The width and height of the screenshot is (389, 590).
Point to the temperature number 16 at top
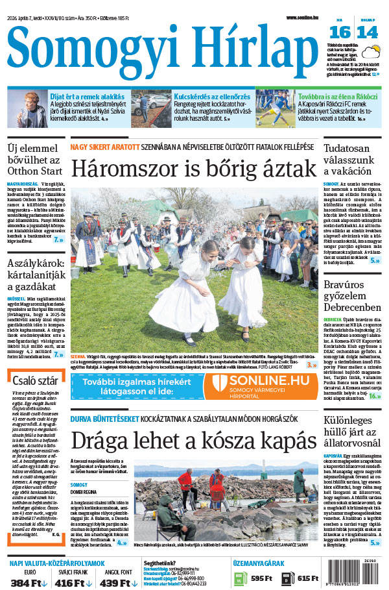(343, 33)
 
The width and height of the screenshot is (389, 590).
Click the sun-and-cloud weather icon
(371, 52)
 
